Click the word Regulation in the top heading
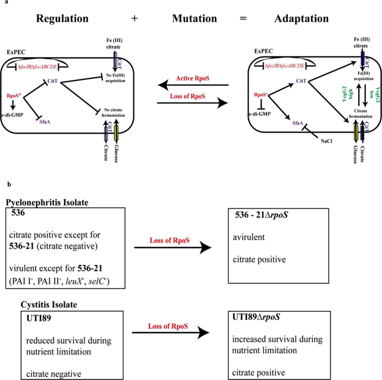point(62,18)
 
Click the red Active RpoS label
point(194,78)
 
